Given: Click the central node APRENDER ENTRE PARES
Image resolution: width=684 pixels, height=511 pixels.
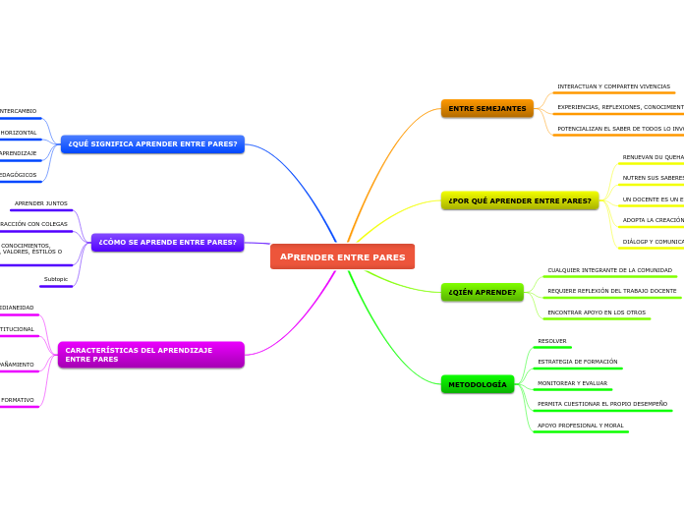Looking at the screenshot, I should point(342,256).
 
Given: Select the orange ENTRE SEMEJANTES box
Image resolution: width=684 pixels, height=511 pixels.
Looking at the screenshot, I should point(486,108).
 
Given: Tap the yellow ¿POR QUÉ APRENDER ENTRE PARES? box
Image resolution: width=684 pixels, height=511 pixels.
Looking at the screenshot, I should point(519,200).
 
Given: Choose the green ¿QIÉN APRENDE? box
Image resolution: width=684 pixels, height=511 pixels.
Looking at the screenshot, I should point(482,292).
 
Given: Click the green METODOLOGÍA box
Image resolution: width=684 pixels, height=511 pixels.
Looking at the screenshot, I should point(478,384).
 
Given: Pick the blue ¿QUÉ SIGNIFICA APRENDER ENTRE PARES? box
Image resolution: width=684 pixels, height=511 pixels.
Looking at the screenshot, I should point(152,143).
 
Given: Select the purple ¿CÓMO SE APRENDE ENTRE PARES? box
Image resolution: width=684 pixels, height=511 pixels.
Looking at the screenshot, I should point(167,242).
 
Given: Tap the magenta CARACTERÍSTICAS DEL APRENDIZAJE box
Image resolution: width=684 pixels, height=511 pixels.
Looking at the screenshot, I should point(150,355).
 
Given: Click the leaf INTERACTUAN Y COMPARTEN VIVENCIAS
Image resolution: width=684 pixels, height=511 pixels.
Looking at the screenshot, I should point(613,86).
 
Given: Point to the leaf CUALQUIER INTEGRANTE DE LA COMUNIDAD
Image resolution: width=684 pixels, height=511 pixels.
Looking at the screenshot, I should point(609,270).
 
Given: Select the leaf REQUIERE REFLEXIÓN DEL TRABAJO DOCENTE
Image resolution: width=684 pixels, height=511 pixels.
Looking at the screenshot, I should point(611,291).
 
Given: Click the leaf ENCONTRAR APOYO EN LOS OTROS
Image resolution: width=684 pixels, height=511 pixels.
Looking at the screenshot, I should point(597,312).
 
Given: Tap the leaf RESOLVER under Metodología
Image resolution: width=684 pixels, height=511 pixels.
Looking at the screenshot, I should point(551,341).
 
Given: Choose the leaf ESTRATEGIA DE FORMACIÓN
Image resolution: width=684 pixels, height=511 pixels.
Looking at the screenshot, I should point(577,362).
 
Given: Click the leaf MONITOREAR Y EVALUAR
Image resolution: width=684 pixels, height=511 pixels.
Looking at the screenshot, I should point(572,383).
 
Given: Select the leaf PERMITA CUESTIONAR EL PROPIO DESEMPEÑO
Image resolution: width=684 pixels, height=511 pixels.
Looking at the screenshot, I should point(601,404).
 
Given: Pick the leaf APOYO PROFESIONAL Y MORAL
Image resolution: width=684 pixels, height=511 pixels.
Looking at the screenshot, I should point(580,426).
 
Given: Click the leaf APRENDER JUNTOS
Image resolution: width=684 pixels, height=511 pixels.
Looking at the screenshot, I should point(41,203).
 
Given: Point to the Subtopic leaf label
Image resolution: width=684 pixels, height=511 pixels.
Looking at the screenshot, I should point(56,279).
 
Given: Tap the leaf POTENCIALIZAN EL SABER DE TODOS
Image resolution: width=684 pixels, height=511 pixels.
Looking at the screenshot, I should point(619,129).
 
